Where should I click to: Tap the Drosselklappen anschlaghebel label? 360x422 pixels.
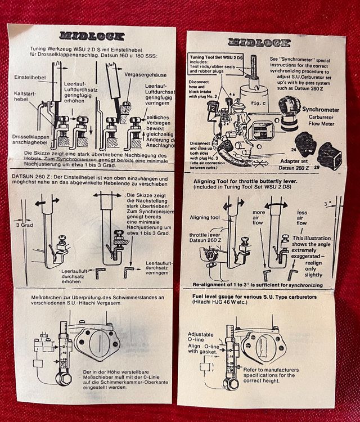(28, 140)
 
